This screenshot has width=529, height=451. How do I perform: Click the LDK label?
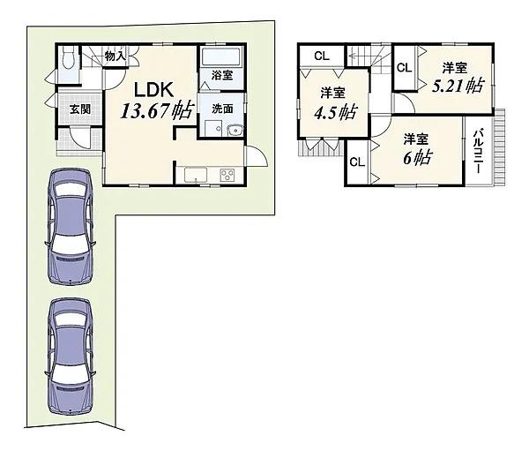(x=154, y=90)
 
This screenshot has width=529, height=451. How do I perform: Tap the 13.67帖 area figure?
(x=158, y=111)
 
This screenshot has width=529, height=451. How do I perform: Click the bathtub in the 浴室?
(x=221, y=56)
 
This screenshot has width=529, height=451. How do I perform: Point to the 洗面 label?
(x=222, y=109)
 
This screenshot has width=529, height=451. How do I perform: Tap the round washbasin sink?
(x=235, y=131)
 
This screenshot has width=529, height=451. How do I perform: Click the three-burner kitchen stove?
(x=227, y=176)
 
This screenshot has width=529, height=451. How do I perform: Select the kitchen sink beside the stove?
(x=196, y=176)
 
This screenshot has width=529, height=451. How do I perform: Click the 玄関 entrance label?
(x=80, y=109)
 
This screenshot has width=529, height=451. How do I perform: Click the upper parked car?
(x=70, y=226)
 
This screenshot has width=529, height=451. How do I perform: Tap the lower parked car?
(x=70, y=357)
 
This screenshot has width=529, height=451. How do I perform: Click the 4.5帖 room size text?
(x=335, y=112)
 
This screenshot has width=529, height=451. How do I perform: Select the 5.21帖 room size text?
(x=458, y=86)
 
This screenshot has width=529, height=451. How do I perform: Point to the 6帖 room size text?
(x=418, y=158)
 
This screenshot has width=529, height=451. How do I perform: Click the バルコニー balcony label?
(x=478, y=151)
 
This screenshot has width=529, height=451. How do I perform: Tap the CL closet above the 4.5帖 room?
(x=322, y=56)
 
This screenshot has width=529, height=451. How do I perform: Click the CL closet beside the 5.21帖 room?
(x=404, y=68)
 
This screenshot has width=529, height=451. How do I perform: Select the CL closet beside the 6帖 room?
(x=357, y=162)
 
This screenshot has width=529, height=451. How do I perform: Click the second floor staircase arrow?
(x=365, y=54)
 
